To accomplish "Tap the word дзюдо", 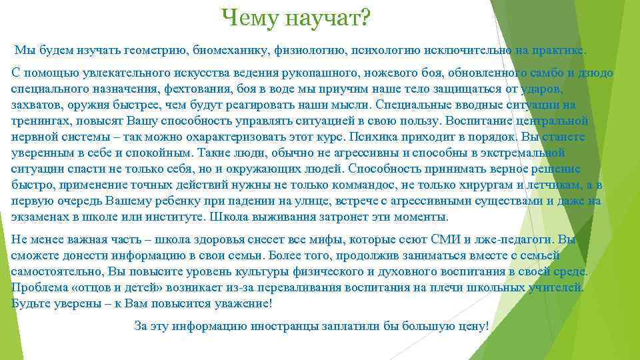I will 596,72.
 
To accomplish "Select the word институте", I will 173,217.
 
